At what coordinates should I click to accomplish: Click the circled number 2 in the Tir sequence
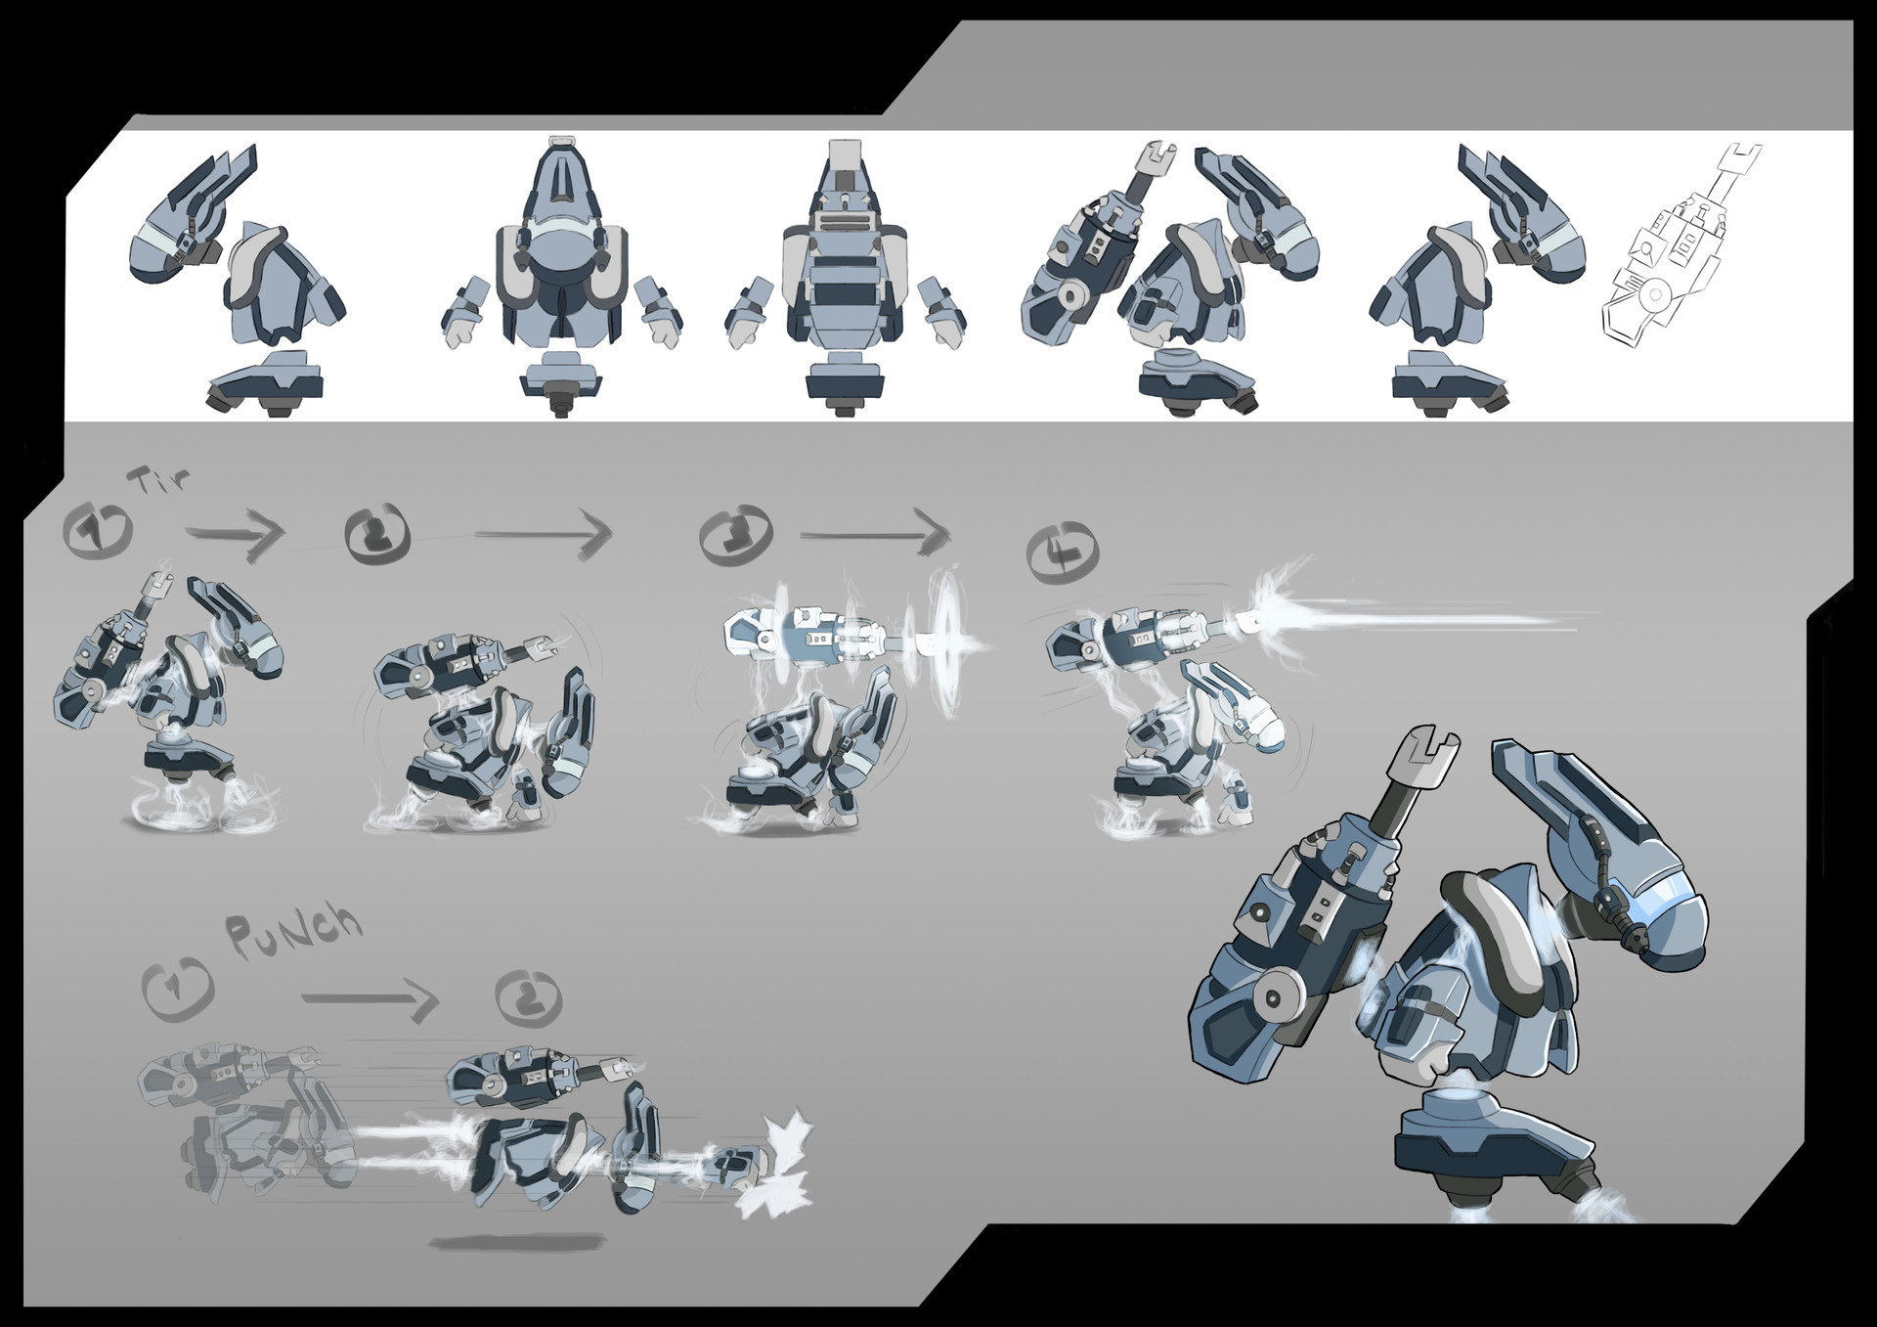pyautogui.click(x=378, y=532)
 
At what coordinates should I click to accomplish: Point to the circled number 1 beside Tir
pyautogui.click(x=97, y=529)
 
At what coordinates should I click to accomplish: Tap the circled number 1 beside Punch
pyautogui.click(x=177, y=988)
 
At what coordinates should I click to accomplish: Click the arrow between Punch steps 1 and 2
pyautogui.click(x=369, y=999)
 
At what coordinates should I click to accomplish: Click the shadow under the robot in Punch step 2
pyautogui.click(x=514, y=1242)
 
